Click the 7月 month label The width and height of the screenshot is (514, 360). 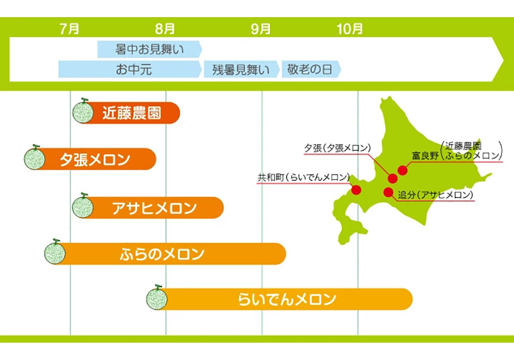point(70,29)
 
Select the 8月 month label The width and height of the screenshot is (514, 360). point(165,29)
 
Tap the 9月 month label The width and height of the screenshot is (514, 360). point(261,29)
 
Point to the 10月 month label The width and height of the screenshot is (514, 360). point(350,29)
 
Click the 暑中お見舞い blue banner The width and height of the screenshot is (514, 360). point(149,49)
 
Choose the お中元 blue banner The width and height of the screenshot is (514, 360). point(130,69)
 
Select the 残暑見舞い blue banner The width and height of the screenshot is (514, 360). point(241,69)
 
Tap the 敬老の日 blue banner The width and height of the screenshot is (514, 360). point(311,69)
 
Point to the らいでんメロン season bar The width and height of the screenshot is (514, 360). point(280,299)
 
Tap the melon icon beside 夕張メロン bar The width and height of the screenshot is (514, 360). point(34,158)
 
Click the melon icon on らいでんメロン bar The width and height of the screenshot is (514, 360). point(157,298)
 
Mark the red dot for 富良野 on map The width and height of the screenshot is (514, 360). point(403,170)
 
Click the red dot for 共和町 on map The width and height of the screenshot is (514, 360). point(357,190)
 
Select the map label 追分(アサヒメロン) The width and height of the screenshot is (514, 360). point(436,195)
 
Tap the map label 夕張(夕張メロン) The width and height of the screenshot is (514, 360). point(337,148)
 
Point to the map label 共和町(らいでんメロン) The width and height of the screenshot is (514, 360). point(304,177)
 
